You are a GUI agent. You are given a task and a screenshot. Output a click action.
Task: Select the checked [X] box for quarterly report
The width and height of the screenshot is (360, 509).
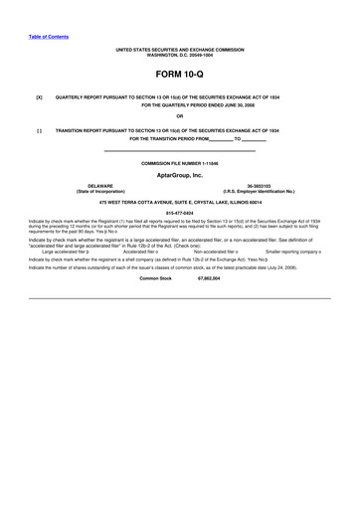[x=39, y=98]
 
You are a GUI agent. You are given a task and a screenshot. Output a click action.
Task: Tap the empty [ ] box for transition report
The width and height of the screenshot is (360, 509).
[x=39, y=130]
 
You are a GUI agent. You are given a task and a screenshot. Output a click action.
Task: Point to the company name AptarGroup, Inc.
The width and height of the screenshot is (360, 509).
[x=179, y=175]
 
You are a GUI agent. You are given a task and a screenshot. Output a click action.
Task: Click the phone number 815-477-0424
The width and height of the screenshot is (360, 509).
[x=179, y=213]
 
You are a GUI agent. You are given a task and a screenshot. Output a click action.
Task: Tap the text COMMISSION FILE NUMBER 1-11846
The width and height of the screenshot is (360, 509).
[x=179, y=162]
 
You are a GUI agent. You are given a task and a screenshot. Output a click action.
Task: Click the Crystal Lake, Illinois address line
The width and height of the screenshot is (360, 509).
[x=179, y=203]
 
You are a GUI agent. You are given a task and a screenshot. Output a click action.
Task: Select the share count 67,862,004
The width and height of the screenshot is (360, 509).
[x=209, y=279]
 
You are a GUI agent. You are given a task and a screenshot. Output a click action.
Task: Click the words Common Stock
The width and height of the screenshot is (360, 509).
[x=155, y=279]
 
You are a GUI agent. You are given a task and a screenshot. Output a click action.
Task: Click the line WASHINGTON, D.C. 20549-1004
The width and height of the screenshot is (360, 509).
[x=179, y=53]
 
